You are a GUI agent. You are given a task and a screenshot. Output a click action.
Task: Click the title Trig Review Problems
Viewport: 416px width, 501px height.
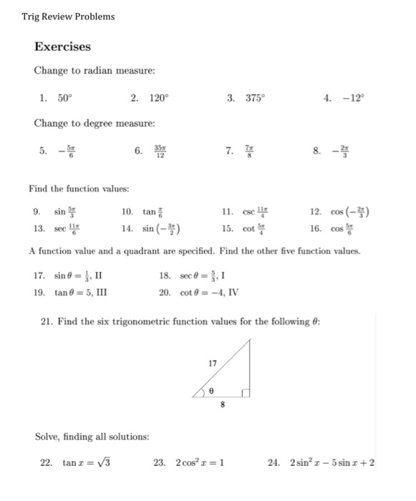(x=68, y=16)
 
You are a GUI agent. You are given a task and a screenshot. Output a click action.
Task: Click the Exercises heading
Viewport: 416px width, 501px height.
(x=63, y=47)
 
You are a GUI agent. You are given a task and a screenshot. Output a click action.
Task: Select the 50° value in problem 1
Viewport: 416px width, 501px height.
(x=65, y=98)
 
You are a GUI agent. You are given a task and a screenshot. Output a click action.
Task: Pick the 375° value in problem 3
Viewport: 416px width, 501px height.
(x=257, y=98)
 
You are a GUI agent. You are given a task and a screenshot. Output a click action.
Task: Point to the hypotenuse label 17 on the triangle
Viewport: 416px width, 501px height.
(x=213, y=363)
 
